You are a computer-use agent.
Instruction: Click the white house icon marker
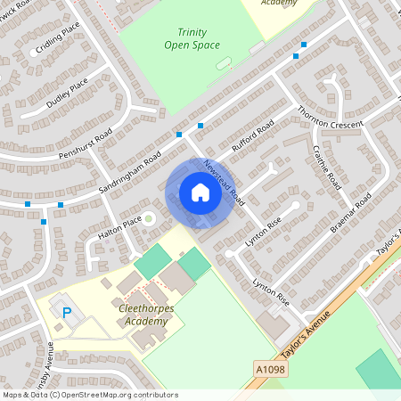pyautogui.click(x=200, y=192)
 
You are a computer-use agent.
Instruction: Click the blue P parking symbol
pyautogui.click(x=67, y=312)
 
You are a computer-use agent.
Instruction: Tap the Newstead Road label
pyautogui.click(x=224, y=178)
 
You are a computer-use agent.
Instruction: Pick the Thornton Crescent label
pyautogui.click(x=324, y=126)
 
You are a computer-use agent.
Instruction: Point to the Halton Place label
pyautogui.click(x=120, y=228)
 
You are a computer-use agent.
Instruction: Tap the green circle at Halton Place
pyautogui.click(x=150, y=218)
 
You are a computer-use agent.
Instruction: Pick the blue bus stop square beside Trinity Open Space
pyautogui.click(x=305, y=44)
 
